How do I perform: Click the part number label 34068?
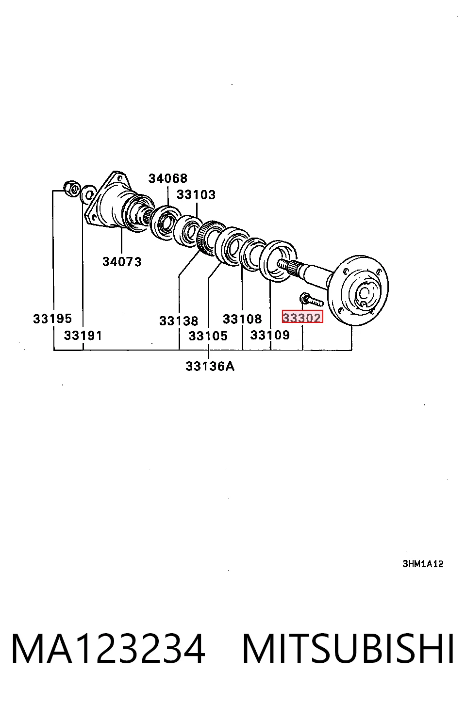[167, 178]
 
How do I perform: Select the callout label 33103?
[196, 195]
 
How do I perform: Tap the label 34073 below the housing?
[122, 261]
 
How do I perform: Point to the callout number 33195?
[52, 319]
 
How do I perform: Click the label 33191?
[83, 336]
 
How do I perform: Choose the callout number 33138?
[179, 321]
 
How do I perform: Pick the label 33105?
[208, 336]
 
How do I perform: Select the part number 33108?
[242, 319]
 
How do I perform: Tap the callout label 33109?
[270, 335]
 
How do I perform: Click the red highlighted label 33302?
[302, 317]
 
